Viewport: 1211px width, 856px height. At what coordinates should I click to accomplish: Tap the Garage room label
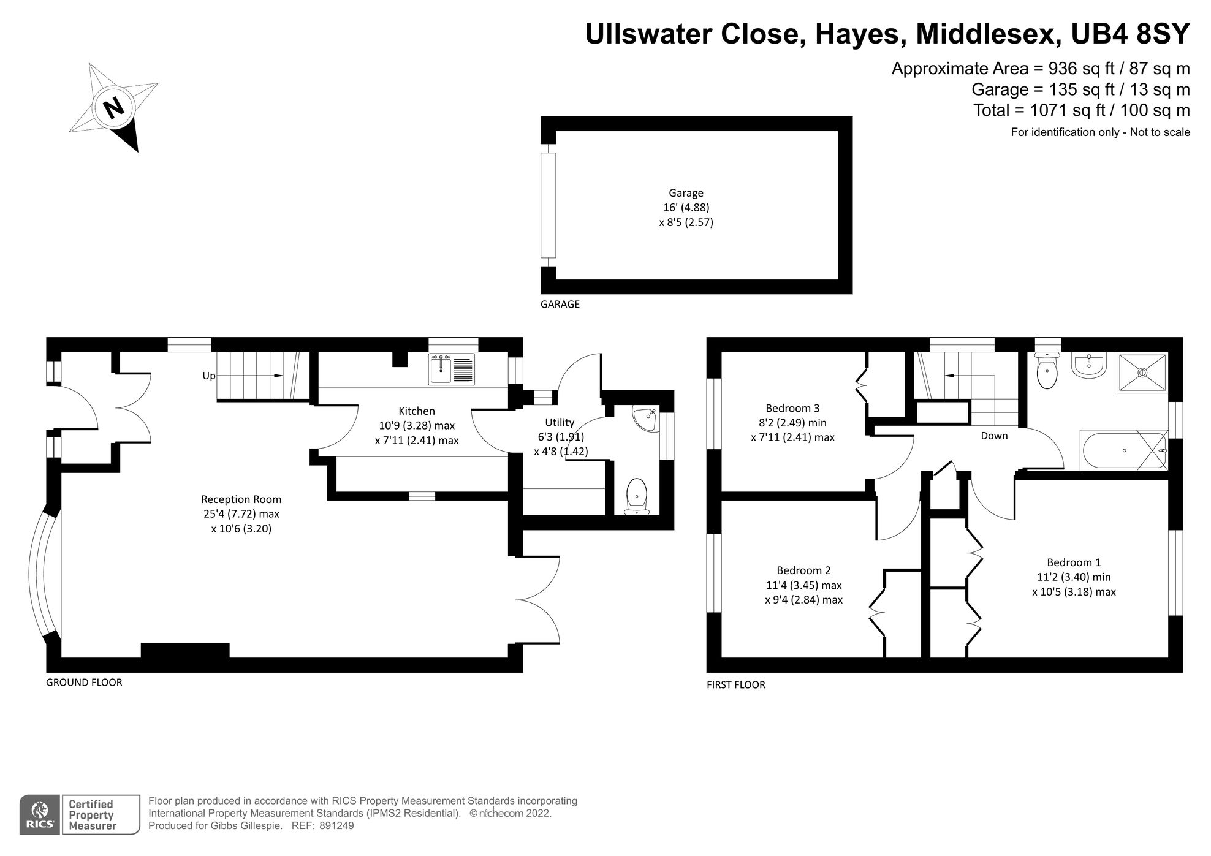point(686,193)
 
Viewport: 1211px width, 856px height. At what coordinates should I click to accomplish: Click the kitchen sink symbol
point(452,369)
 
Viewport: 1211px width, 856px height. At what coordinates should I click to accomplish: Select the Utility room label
point(560,422)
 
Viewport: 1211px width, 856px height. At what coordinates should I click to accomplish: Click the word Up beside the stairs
point(209,376)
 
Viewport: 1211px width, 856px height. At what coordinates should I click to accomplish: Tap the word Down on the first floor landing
point(994,436)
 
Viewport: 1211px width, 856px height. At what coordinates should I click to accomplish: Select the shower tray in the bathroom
point(1143,372)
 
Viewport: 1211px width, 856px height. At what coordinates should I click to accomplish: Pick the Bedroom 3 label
point(792,408)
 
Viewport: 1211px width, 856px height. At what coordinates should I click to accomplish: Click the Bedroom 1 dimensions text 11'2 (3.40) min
point(1074,577)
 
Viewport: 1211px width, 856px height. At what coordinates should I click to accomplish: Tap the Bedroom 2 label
point(803,570)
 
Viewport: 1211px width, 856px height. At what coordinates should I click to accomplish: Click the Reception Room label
point(241,499)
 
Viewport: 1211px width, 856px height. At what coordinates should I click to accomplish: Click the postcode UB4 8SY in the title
point(1130,34)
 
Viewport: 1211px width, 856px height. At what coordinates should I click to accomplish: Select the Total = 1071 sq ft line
point(1081,110)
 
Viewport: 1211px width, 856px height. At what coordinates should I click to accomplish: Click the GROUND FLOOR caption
point(84,682)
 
